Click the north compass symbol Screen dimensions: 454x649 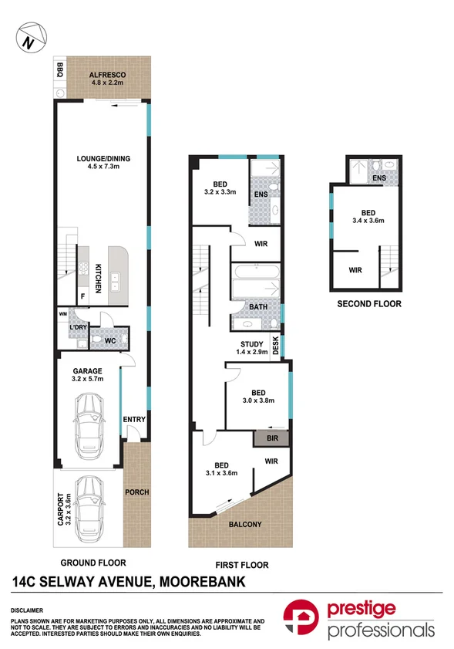pyautogui.click(x=32, y=38)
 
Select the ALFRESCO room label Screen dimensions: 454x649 pyautogui.click(x=107, y=75)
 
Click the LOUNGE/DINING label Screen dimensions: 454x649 pyautogui.click(x=103, y=158)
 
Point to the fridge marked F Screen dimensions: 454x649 pyautogui.click(x=83, y=296)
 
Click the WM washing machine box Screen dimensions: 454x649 pyautogui.click(x=63, y=314)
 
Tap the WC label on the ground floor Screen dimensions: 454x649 pyautogui.click(x=110, y=340)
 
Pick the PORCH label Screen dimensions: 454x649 pyautogui.click(x=137, y=492)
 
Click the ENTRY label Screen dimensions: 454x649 pyautogui.click(x=134, y=419)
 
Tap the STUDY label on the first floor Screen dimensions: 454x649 pyautogui.click(x=252, y=344)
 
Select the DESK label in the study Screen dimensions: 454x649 pyautogui.click(x=276, y=345)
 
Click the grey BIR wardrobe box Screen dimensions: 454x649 pyautogui.click(x=271, y=438)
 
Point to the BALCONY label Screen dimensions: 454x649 pyautogui.click(x=245, y=525)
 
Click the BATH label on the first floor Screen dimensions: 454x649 pyautogui.click(x=258, y=306)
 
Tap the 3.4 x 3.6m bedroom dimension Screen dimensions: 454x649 pyautogui.click(x=368, y=221)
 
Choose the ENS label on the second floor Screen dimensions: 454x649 pyautogui.click(x=379, y=178)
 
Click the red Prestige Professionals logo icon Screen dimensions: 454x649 pyautogui.click(x=301, y=617)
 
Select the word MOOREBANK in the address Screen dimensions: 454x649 pyautogui.click(x=203, y=582)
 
